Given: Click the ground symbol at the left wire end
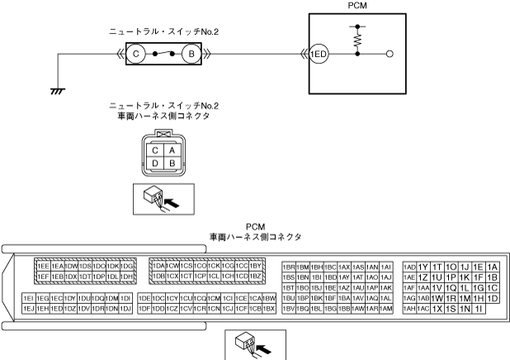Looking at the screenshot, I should tap(56, 89).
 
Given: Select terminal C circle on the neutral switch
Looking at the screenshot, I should tap(138, 54).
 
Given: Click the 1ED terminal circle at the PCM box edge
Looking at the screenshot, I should tap(319, 54).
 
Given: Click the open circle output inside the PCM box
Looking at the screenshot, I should tap(390, 54).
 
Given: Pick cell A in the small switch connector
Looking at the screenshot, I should tap(170, 150).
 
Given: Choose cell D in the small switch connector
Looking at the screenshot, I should tap(153, 163).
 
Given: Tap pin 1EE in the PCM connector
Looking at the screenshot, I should tap(43, 266).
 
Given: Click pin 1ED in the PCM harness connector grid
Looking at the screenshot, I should tap(56, 308).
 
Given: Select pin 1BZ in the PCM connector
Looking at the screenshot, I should tap(256, 276).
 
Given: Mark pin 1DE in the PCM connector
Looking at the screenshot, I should tap(145, 297).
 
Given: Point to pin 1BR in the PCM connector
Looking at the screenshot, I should tap(289, 267).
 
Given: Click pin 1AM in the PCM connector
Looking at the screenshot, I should tap(385, 308).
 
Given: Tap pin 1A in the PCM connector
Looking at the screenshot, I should tap(493, 267).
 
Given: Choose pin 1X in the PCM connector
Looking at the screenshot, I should tap(437, 308).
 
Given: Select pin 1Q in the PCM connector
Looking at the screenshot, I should tap(451, 287).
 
